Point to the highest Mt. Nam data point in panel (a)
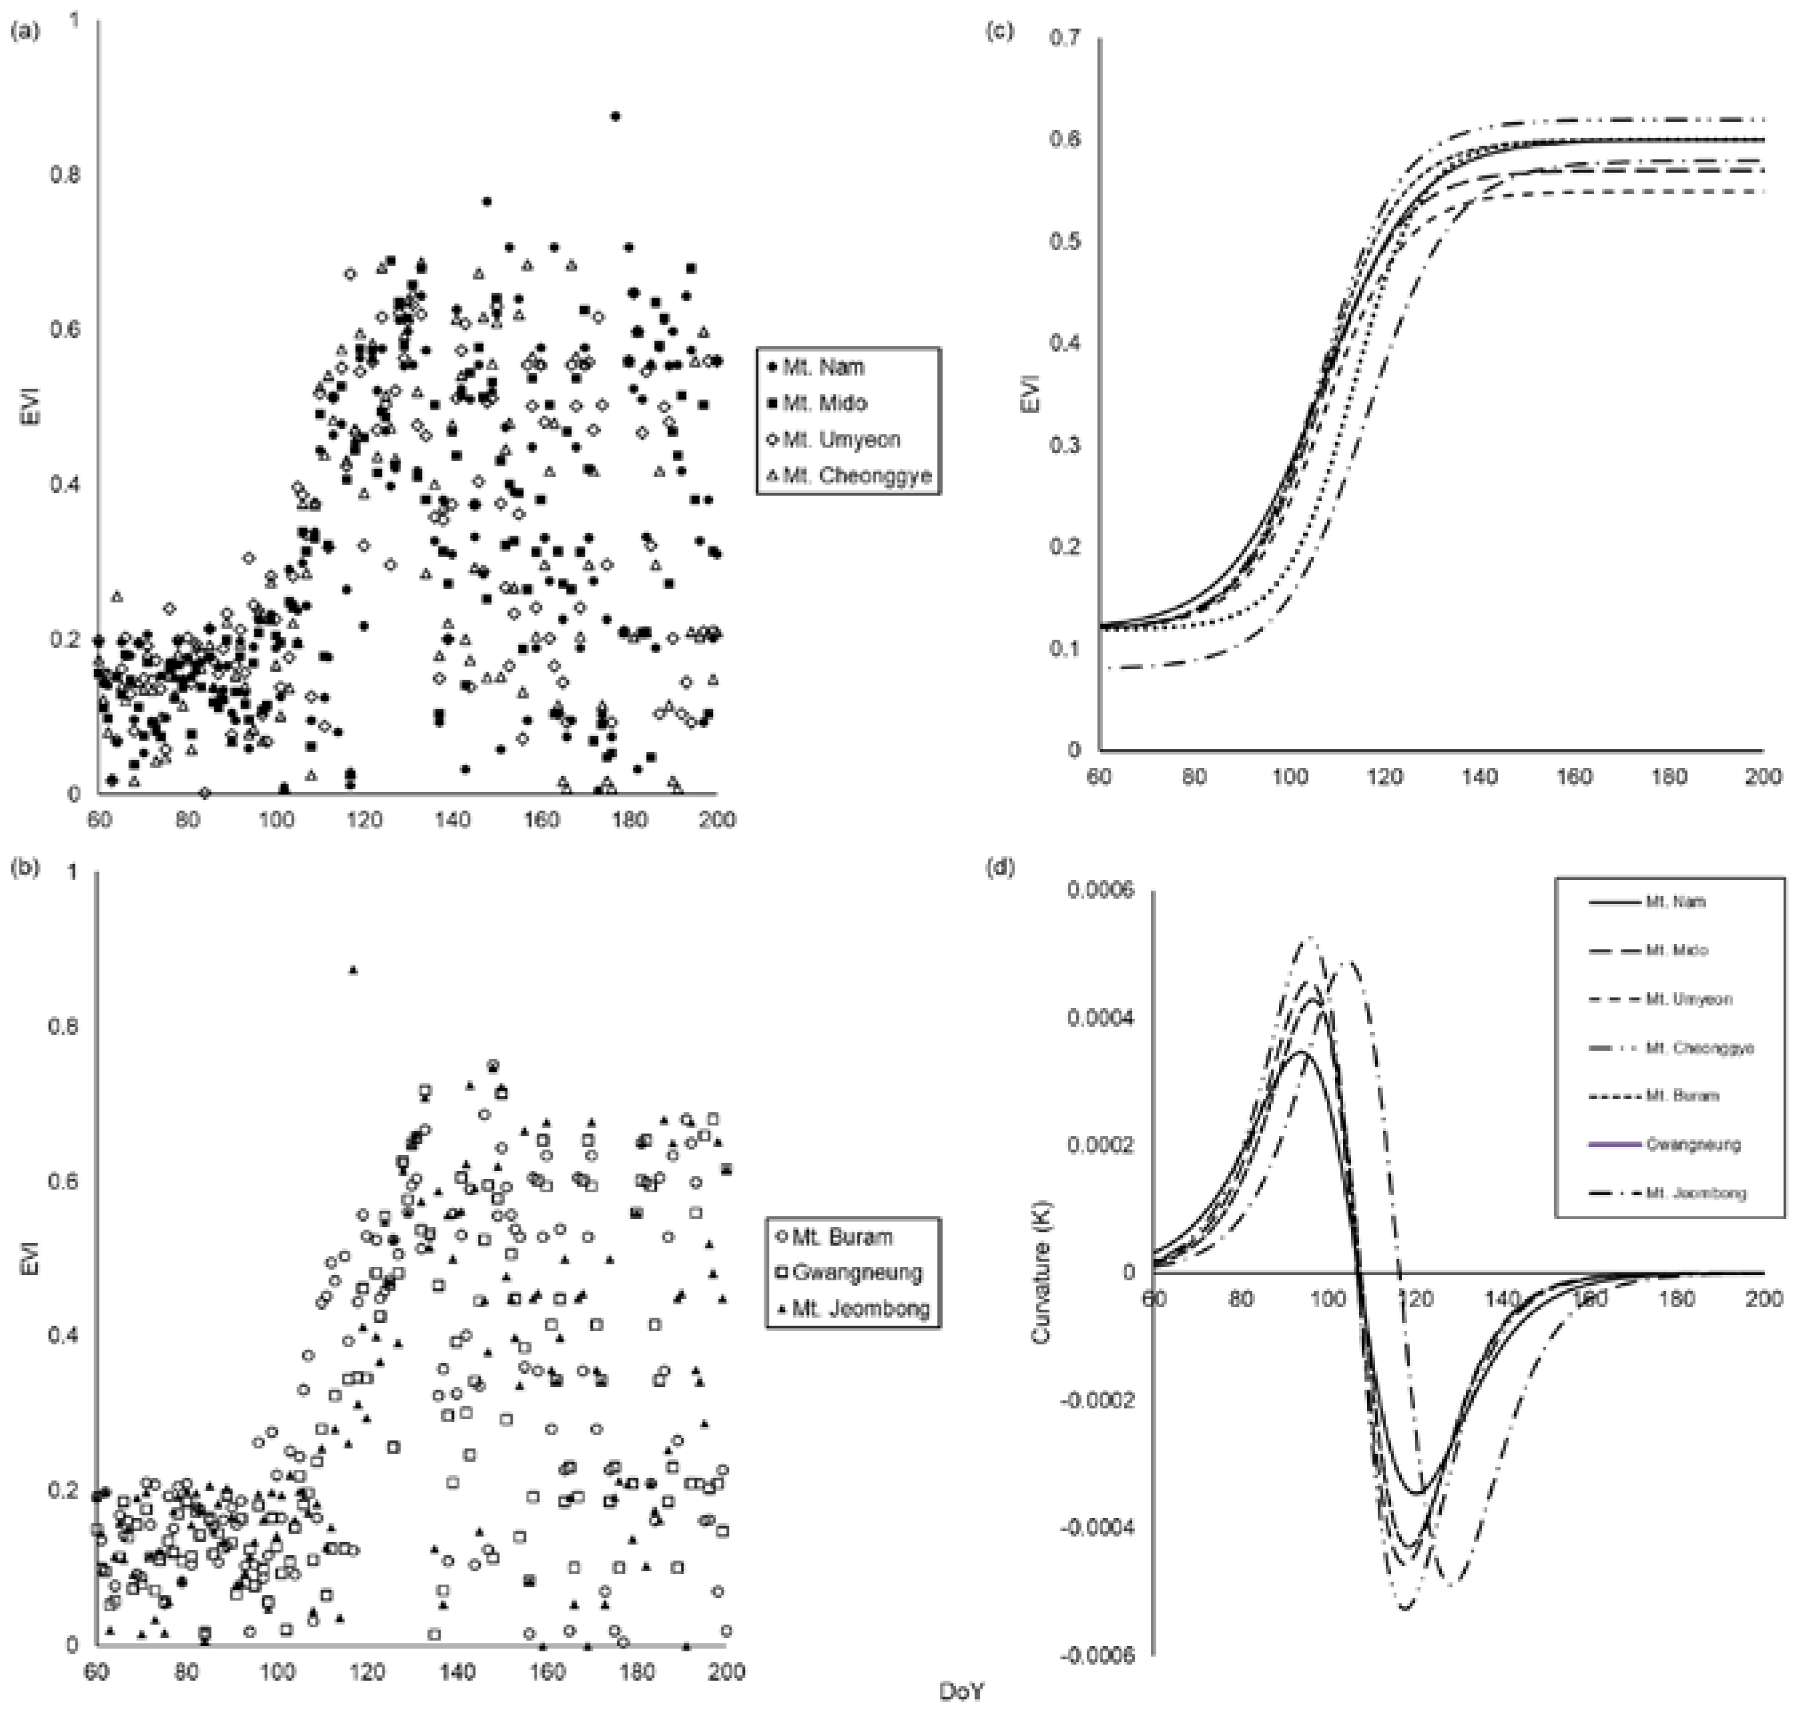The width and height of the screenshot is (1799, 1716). [x=616, y=116]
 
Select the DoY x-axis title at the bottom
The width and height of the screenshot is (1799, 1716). [x=963, y=1691]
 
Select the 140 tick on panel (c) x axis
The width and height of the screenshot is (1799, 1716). [x=1480, y=777]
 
